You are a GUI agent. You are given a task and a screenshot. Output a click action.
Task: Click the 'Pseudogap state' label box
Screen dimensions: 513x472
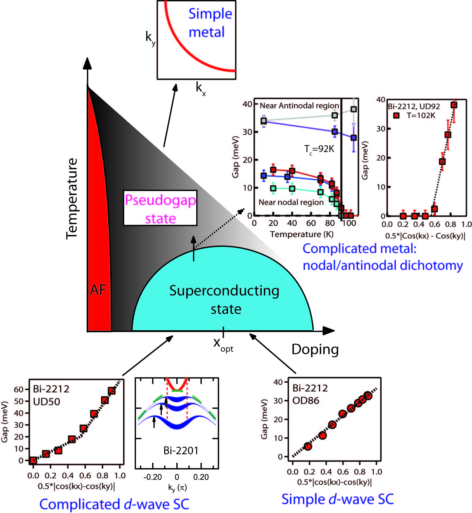pyautogui.click(x=160, y=208)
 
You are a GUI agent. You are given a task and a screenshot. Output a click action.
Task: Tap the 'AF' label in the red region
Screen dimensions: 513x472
pyautogui.click(x=98, y=290)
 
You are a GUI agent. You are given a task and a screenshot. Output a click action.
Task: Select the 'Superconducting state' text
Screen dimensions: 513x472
pyautogui.click(x=224, y=300)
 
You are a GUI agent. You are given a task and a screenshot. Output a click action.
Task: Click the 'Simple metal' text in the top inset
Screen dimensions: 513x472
pyautogui.click(x=210, y=23)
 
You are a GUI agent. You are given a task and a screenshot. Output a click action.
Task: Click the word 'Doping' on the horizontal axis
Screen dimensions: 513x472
pyautogui.click(x=315, y=350)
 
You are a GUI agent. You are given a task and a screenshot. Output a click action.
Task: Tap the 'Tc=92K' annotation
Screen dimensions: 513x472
pyautogui.click(x=319, y=149)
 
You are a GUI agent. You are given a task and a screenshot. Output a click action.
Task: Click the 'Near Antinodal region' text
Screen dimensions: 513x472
pyautogui.click(x=299, y=106)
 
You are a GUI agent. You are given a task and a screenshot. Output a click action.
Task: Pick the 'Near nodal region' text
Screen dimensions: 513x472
pyautogui.click(x=291, y=202)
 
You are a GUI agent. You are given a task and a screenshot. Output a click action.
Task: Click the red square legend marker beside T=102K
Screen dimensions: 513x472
pyautogui.click(x=396, y=116)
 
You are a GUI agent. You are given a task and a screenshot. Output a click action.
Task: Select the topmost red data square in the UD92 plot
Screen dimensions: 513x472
pyautogui.click(x=454, y=105)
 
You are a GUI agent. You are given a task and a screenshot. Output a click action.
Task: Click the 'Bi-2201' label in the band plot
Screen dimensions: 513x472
pyautogui.click(x=181, y=450)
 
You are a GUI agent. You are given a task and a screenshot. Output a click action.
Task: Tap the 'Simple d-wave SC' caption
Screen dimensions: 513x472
pyautogui.click(x=337, y=499)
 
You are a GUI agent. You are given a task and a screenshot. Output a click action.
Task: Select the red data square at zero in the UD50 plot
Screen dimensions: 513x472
pyautogui.click(x=33, y=460)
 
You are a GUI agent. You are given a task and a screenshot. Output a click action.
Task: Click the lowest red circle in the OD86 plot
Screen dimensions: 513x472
pyautogui.click(x=308, y=446)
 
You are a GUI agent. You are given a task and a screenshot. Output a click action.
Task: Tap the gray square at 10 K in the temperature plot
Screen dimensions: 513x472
pyautogui.click(x=264, y=121)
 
